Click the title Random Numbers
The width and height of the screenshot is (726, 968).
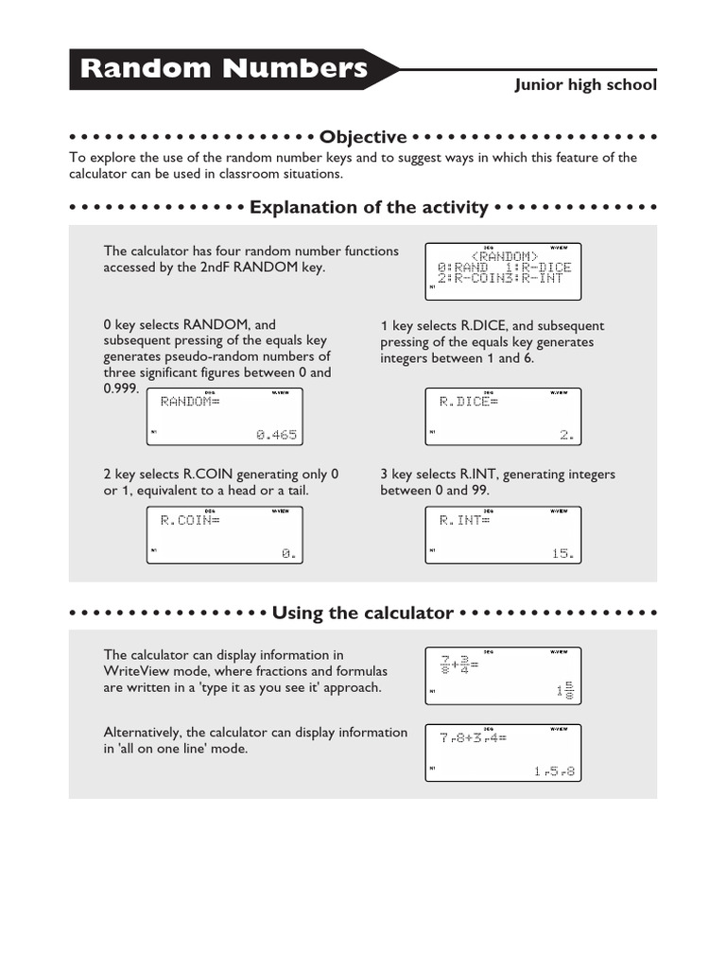pyautogui.click(x=224, y=69)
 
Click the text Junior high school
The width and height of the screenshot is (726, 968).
pyautogui.click(x=585, y=85)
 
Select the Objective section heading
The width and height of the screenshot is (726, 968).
pyautogui.click(x=363, y=137)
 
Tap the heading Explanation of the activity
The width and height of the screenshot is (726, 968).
pyautogui.click(x=369, y=207)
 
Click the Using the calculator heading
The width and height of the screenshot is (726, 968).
pyautogui.click(x=362, y=613)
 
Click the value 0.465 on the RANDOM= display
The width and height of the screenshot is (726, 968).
pyautogui.click(x=276, y=435)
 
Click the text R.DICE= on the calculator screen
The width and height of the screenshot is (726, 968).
pyautogui.click(x=468, y=402)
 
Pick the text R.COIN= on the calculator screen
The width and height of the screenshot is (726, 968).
pyautogui.click(x=190, y=520)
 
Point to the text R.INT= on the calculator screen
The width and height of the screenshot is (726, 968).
pyautogui.click(x=465, y=520)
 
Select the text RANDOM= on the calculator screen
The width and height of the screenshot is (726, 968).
pyautogui.click(x=190, y=402)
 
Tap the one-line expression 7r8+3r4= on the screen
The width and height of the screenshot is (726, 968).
pyautogui.click(x=473, y=737)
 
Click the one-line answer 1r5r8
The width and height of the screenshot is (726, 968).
pyautogui.click(x=554, y=772)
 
